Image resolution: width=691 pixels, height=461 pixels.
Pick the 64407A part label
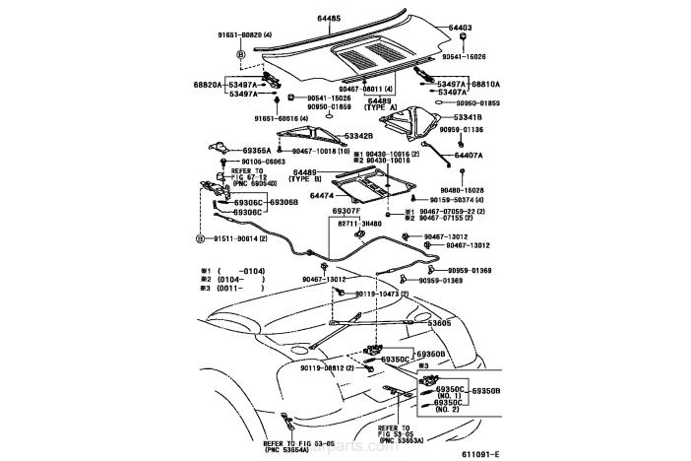[471, 156]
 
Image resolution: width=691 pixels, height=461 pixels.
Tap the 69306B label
[283, 202]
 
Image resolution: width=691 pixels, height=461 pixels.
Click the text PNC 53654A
[286, 449]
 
